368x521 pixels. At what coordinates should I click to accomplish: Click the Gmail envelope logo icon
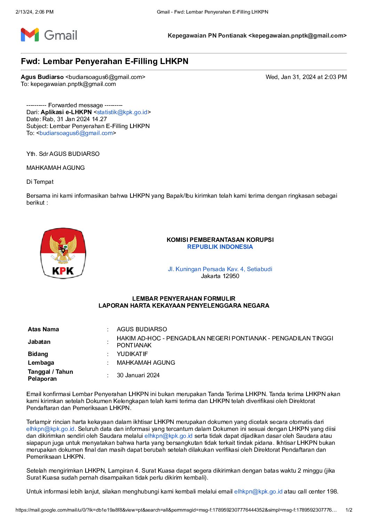[30, 35]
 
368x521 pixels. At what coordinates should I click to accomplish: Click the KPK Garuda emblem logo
[63, 253]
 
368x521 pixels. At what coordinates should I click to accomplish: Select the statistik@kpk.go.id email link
[122, 112]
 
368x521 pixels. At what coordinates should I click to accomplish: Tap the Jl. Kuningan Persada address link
[220, 269]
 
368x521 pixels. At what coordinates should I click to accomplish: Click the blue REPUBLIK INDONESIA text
[220, 247]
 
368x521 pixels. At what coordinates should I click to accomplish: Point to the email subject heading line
[104, 62]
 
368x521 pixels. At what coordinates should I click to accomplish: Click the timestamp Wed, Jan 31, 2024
[306, 77]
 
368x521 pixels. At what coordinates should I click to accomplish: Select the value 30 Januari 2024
[138, 375]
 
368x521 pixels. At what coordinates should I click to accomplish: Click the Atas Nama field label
[43, 329]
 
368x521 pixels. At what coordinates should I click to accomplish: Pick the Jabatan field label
[39, 342]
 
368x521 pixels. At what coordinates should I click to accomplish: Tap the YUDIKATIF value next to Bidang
[132, 354]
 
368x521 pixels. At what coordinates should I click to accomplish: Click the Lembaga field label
[41, 363]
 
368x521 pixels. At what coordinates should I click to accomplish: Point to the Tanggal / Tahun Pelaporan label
[50, 375]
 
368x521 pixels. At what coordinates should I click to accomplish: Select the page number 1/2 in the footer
[349, 510]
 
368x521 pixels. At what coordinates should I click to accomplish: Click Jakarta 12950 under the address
[220, 276]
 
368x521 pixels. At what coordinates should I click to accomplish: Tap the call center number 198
[332, 491]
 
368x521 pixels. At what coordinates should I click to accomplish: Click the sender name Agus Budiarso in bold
[42, 77]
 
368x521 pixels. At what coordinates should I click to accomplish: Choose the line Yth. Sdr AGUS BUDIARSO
[63, 154]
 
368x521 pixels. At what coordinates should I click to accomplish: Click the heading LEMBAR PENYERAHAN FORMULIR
[184, 299]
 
